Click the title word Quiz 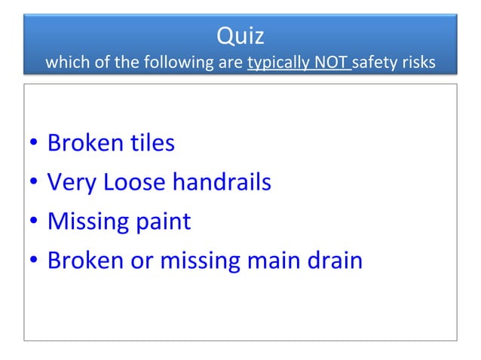240,35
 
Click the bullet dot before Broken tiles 35,144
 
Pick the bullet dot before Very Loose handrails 35,184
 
